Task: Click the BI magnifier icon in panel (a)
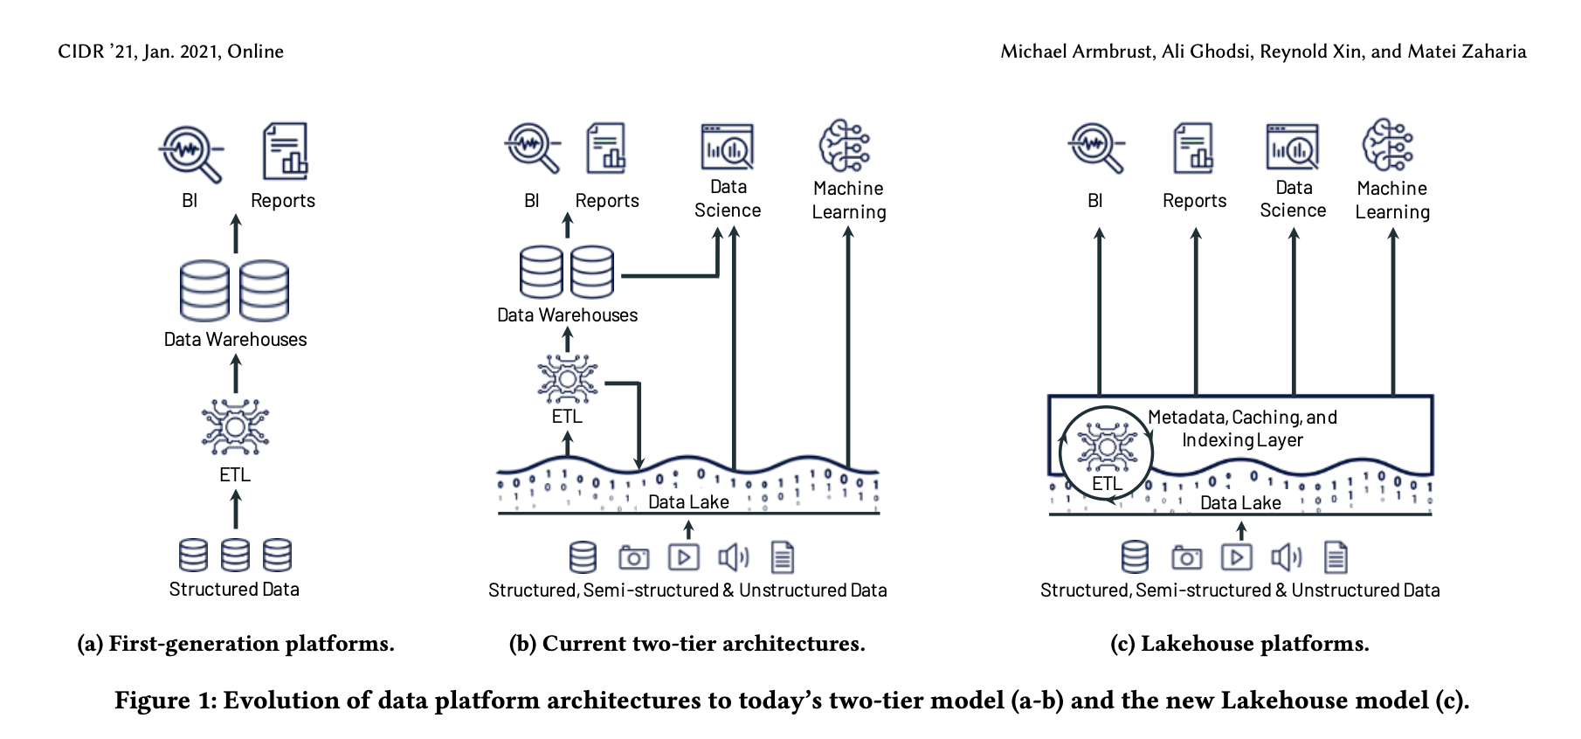pos(190,153)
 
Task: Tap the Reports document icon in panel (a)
pos(286,150)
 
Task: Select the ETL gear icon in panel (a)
pos(235,427)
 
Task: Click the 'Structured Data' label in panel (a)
pos(234,590)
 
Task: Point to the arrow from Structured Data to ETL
pos(235,509)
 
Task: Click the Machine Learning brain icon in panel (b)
pos(844,146)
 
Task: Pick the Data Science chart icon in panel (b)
pos(727,147)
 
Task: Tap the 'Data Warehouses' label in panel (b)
pos(567,315)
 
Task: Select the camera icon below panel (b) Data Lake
pos(633,557)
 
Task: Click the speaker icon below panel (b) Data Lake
pos(733,557)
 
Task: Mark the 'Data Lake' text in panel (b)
pos(688,502)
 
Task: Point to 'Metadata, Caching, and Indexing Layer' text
pos(1242,429)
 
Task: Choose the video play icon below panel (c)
pos(1236,557)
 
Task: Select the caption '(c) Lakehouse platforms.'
pos(1239,644)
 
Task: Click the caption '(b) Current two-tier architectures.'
pos(687,644)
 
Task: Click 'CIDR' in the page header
pos(81,52)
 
